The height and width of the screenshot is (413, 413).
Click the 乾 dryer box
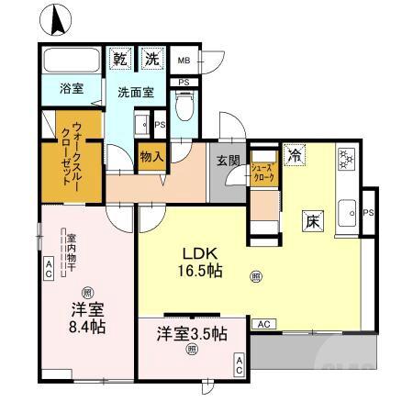[120, 59]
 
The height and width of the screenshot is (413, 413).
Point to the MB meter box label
[184, 61]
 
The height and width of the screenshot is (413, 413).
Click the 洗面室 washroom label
[135, 92]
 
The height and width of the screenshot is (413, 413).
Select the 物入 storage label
[151, 157]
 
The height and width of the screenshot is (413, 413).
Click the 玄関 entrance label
[228, 159]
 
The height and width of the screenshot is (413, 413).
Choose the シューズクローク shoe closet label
[262, 173]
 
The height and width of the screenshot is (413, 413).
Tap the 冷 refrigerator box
[294, 155]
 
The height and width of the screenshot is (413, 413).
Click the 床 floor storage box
[311, 220]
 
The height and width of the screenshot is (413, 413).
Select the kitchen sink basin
[349, 217]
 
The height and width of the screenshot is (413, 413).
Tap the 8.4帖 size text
[84, 326]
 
